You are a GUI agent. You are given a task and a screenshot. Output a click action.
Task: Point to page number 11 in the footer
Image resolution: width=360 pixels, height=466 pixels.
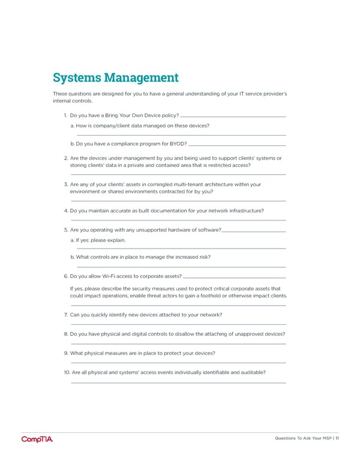pyautogui.click(x=337, y=438)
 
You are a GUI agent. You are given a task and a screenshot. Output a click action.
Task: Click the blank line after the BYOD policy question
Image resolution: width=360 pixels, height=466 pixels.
pyautogui.click(x=233, y=116)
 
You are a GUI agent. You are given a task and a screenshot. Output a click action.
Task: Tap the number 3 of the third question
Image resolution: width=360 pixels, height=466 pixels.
pyautogui.click(x=65, y=184)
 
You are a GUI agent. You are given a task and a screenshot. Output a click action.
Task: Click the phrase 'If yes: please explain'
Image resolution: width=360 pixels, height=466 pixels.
pyautogui.click(x=98, y=240)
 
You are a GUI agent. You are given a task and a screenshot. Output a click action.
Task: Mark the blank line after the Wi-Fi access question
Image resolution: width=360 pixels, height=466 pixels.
pyautogui.click(x=233, y=277)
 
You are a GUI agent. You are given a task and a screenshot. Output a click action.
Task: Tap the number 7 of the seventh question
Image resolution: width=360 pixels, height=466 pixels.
pyautogui.click(x=65, y=315)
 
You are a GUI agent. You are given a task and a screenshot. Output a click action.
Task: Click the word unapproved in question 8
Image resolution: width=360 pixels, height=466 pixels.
pyautogui.click(x=246, y=334)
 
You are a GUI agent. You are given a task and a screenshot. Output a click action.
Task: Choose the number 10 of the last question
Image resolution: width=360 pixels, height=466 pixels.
pyautogui.click(x=66, y=372)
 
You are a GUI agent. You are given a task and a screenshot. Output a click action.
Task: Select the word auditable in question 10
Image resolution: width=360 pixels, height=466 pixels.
pyautogui.click(x=253, y=372)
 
